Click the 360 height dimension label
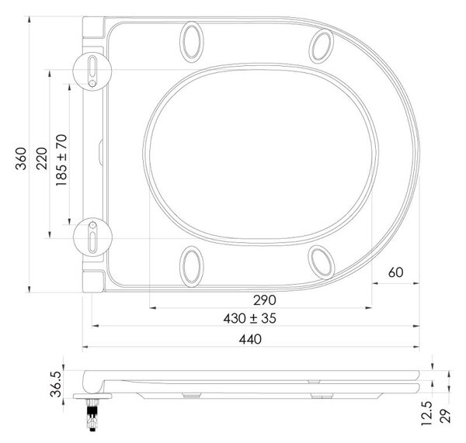point(21,159)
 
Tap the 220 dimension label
point(42,158)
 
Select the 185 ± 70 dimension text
point(61,161)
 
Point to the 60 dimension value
point(395,272)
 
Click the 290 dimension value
point(265,300)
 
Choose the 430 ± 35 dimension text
point(249,319)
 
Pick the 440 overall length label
point(250,339)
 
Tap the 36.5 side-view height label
point(56,384)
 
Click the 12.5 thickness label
point(426,414)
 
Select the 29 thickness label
point(445,416)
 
